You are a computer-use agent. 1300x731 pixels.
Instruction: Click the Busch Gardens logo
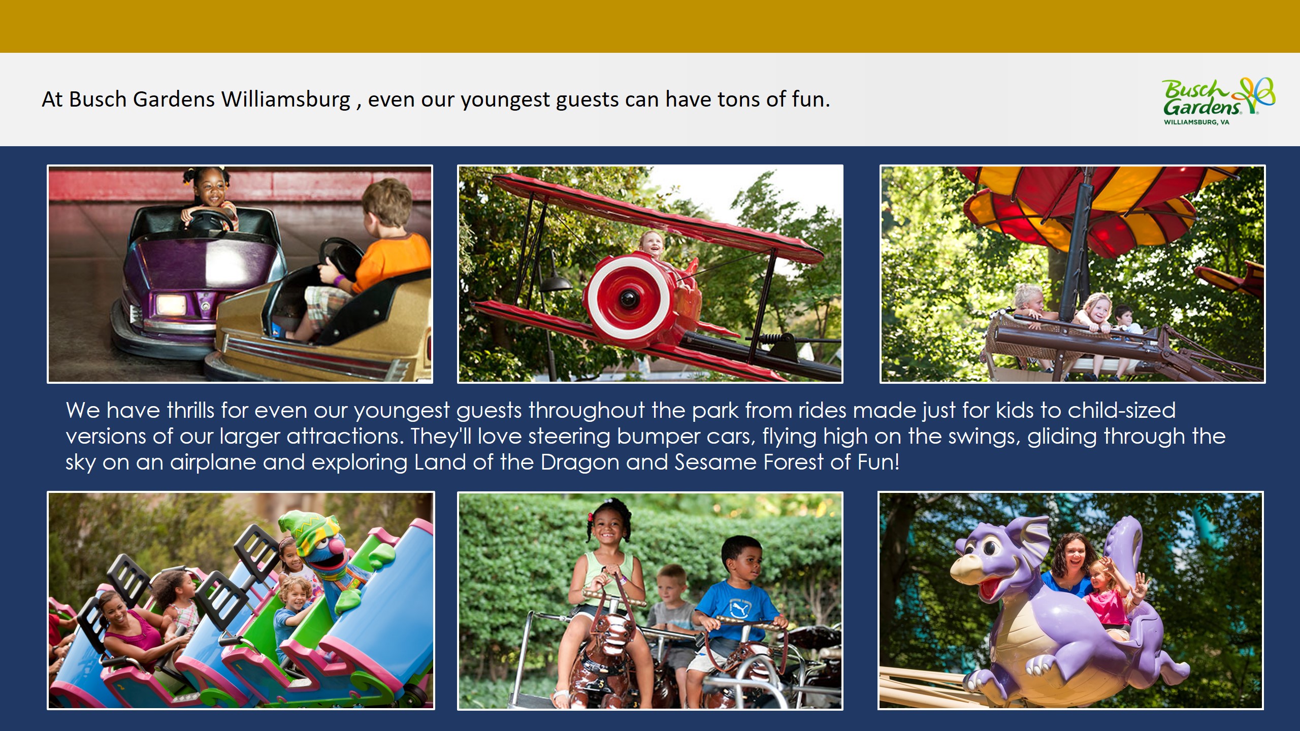pos(1219,101)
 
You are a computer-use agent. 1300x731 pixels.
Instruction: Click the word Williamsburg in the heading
pos(286,99)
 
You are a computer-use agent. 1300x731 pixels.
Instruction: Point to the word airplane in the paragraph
pos(213,462)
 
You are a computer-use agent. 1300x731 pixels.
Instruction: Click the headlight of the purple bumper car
pos(171,304)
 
